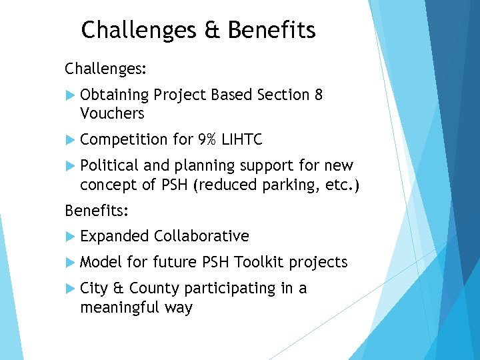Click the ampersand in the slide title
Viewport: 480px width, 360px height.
click(213, 31)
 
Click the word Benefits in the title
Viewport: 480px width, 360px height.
click(271, 31)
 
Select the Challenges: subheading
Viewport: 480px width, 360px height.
click(105, 69)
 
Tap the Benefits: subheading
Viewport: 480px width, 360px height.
click(97, 211)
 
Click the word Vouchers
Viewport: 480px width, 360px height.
click(112, 113)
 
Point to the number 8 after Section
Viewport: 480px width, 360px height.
click(318, 95)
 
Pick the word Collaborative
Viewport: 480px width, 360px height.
click(201, 236)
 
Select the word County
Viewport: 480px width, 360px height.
click(155, 288)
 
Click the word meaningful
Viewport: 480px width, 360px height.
click(123, 307)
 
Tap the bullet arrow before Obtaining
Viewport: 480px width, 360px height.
click(71, 95)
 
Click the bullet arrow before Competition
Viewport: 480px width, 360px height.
click(71, 140)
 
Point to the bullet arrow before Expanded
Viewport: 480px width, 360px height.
click(71, 237)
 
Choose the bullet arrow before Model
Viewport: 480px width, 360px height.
click(71, 263)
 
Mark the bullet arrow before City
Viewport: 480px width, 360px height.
click(71, 289)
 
